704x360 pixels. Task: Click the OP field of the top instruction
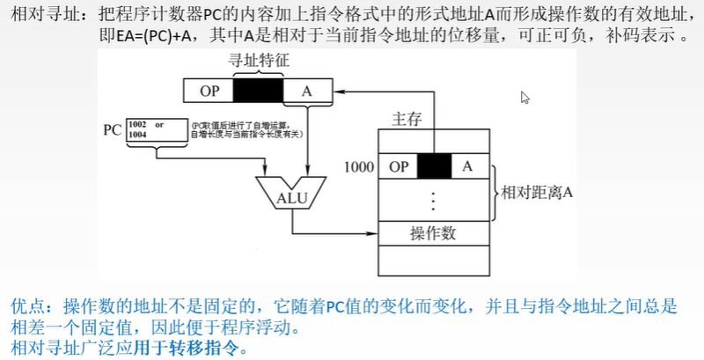pyautogui.click(x=209, y=92)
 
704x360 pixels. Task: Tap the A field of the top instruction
pyautogui.click(x=307, y=92)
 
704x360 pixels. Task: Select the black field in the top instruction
pyautogui.click(x=259, y=92)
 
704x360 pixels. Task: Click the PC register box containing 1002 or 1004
pyautogui.click(x=158, y=130)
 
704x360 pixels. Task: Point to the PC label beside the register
pyautogui.click(x=112, y=130)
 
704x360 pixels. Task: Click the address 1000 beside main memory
pyautogui.click(x=359, y=165)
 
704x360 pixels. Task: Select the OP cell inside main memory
pyautogui.click(x=399, y=165)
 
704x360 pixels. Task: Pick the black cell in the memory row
pyautogui.click(x=434, y=165)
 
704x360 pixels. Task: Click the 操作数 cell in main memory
pyautogui.click(x=434, y=233)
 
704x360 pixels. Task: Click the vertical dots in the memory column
pyautogui.click(x=432, y=200)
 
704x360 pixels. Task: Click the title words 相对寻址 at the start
pyautogui.click(x=40, y=15)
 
